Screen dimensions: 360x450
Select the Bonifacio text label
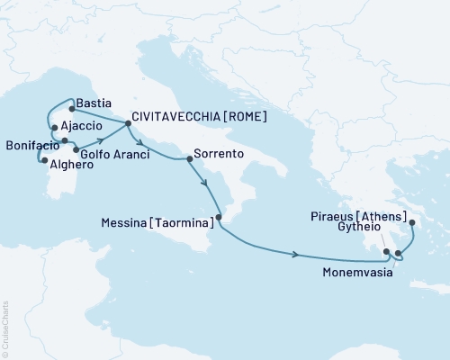pyautogui.click(x=31, y=144)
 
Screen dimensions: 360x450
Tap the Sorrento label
pyautogui.click(x=220, y=155)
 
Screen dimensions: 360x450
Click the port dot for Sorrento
pyautogui.click(x=188, y=158)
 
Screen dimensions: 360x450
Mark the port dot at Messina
pyautogui.click(x=219, y=217)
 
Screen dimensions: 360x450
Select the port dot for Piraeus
pyautogui.click(x=411, y=222)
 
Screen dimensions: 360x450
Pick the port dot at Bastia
pyautogui.click(x=71, y=109)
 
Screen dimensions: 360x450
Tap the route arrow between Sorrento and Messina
pyautogui.click(x=206, y=185)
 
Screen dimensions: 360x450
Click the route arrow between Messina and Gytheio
pyautogui.click(x=295, y=255)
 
